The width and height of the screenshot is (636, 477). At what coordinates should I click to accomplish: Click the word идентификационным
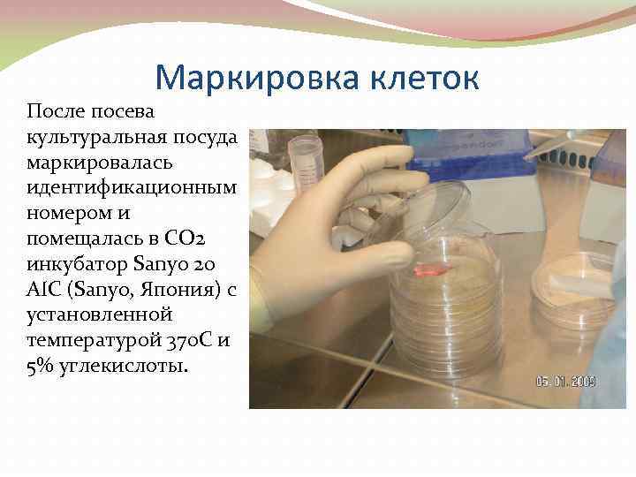click(132, 188)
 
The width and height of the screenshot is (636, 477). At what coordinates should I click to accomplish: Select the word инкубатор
click(75, 265)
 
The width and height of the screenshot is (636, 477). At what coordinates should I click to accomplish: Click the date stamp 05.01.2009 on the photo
click(566, 382)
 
